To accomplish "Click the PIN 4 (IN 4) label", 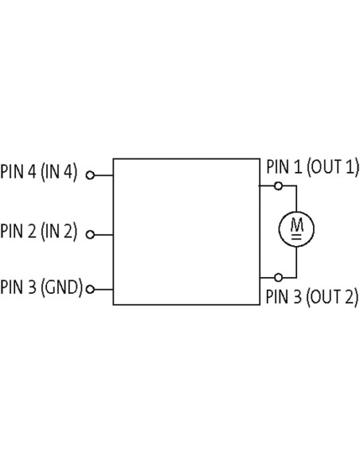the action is tap(38, 171).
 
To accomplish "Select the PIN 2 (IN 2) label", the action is tap(38, 231).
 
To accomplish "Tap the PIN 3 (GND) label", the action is tap(41, 287).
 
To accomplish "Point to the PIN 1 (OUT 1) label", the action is tap(312, 166).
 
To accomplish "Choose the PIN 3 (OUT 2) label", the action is tap(312, 296).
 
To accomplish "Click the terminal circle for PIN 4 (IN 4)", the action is tap(90, 175).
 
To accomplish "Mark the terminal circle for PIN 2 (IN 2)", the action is tap(90, 235).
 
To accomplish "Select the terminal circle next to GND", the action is tap(90, 289).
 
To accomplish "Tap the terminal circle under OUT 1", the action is tap(278, 186).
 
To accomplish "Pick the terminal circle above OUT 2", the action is tap(278, 278).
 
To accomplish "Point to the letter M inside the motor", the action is tap(296, 225).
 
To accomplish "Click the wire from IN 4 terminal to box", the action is tap(104, 175).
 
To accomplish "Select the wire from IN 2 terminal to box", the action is tap(104, 235).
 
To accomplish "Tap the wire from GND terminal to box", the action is tap(104, 289).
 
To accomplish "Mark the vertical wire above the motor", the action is tap(296, 198).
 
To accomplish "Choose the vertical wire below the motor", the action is tap(296, 262).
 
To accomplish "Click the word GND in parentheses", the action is tap(61, 287).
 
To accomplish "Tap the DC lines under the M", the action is tap(296, 236).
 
